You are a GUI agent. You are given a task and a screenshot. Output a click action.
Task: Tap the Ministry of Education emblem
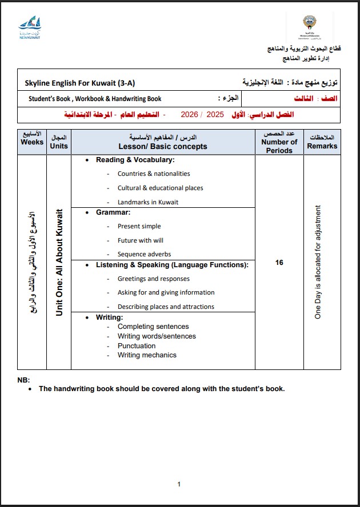313,26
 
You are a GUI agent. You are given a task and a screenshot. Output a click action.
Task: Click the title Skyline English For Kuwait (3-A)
80,83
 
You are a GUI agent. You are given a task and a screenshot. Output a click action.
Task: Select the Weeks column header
32,142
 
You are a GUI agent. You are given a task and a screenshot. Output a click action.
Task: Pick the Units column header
59,142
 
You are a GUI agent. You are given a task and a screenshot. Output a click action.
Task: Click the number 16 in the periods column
279,263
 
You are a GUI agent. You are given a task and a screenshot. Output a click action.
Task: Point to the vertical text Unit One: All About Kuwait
59,263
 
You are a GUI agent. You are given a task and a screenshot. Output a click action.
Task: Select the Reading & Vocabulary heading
135,160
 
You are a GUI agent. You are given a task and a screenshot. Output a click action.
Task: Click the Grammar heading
113,212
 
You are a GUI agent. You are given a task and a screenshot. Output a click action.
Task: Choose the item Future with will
140,240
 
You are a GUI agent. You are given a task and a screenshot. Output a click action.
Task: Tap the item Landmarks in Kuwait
148,202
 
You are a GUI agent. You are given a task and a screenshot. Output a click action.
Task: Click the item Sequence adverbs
144,254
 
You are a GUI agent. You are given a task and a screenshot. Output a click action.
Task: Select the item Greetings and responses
154,279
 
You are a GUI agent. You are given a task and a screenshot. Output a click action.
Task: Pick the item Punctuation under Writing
137,345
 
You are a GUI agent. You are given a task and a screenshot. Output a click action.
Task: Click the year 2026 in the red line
189,115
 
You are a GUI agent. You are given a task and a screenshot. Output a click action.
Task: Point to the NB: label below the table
23,380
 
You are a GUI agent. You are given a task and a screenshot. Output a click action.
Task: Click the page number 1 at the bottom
179,484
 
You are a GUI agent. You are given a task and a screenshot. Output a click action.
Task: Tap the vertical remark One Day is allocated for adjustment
318,261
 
